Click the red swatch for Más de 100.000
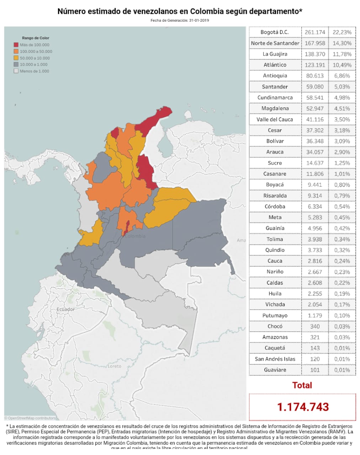16,45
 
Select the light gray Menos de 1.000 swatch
16,71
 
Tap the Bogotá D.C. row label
275,32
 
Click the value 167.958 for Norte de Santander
315,43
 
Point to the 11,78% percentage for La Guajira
342,54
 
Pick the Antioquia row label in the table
275,76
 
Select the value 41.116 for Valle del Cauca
315,119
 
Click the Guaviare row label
275,370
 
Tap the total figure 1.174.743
303,407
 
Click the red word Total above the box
302,385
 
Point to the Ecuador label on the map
66,309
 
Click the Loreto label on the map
114,366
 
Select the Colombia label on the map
136,236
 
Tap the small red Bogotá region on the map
126,228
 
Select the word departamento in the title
274,11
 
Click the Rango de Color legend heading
36,38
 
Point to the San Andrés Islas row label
275,359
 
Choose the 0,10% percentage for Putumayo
342,316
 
